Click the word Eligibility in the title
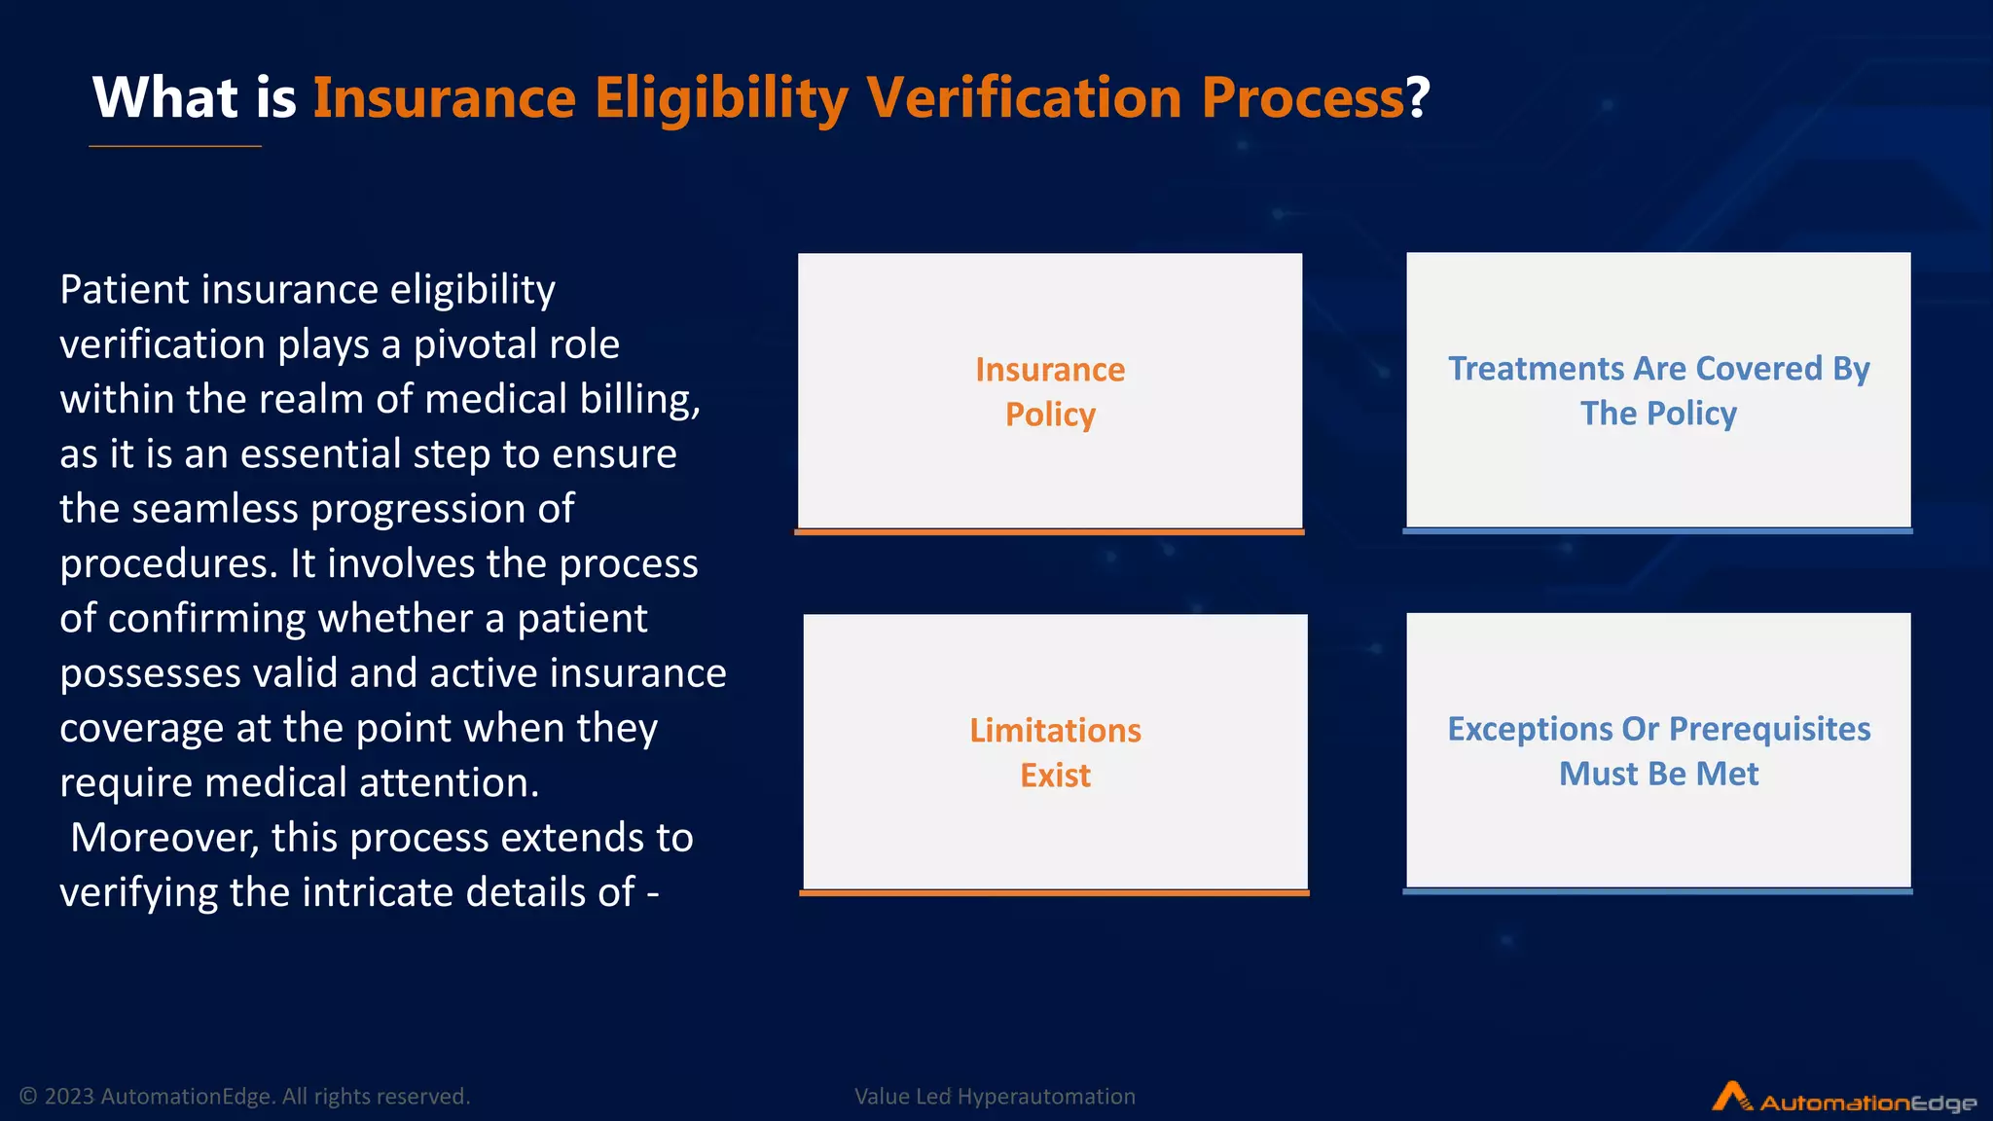[x=721, y=98]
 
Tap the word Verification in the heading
[x=1024, y=98]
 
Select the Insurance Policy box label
[x=1050, y=391]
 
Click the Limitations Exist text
[x=1055, y=752]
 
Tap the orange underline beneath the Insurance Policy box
[x=1049, y=532]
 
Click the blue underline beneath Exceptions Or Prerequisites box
[x=1657, y=891]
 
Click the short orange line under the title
[x=175, y=146]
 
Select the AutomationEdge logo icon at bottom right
[x=1731, y=1097]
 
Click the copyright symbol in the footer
[x=28, y=1097]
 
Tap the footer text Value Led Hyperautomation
[x=995, y=1097]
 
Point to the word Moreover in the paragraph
[x=164, y=838]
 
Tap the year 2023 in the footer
[x=69, y=1097]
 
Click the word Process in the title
[x=1302, y=98]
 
